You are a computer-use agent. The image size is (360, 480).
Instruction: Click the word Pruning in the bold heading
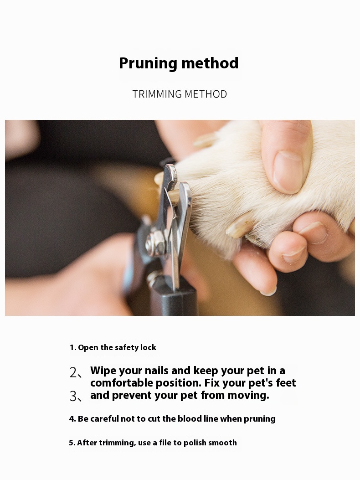point(148,64)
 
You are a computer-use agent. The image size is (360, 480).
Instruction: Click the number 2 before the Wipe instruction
point(73,372)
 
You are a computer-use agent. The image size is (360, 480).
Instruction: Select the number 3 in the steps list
point(73,397)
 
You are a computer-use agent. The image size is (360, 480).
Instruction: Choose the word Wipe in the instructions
point(103,371)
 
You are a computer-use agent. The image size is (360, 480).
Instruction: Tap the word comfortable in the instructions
point(122,383)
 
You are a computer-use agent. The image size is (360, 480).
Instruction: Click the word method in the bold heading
point(210,63)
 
